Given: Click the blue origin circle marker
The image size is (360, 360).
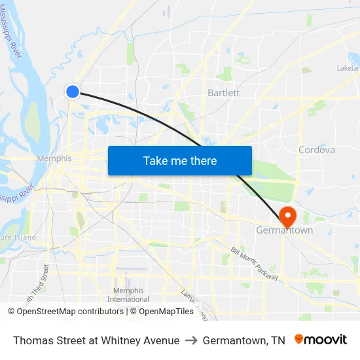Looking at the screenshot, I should point(73,92).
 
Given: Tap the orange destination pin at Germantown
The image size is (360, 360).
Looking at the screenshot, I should point(287,215).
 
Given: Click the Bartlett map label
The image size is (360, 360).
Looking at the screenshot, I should point(223,93).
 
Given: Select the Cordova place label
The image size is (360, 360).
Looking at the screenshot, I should point(316,150).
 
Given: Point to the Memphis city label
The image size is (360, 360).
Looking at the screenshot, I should point(54,158).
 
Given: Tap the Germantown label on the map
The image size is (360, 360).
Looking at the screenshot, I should point(284,230).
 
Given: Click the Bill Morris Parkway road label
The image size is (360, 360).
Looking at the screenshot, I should point(255,264).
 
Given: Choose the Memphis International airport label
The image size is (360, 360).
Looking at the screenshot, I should point(128,295).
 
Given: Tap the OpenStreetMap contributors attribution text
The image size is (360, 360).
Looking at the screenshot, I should point(65,312).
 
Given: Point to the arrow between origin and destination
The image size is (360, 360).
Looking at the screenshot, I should point(191,340).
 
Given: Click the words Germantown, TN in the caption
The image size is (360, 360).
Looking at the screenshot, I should point(243,340).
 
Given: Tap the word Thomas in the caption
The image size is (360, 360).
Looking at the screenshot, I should point(31,340).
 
